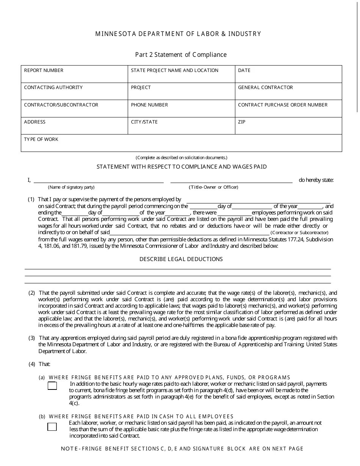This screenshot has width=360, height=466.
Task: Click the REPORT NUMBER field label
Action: tap(44, 70)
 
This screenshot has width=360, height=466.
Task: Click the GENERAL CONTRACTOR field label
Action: tap(265, 88)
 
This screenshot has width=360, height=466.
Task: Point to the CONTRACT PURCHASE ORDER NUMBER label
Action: tap(282, 105)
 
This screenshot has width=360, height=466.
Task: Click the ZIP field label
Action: tap(241, 122)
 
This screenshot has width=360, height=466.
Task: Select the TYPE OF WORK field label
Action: tap(41, 139)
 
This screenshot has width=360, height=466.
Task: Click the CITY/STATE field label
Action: tap(144, 122)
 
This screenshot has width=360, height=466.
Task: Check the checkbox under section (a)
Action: tap(52, 386)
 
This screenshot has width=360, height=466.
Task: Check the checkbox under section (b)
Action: tap(52, 427)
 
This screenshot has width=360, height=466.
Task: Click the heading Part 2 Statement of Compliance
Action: tap(181, 55)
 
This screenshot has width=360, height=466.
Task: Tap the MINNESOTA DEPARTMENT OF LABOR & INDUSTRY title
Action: tap(178, 34)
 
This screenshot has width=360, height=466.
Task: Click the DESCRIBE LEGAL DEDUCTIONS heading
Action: tap(181, 259)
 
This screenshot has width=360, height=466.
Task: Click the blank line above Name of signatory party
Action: tap(99, 182)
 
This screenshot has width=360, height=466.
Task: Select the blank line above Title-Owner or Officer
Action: tap(231, 182)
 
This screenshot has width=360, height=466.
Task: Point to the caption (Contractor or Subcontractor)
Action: tap(299, 233)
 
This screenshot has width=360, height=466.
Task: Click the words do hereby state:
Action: tap(316, 180)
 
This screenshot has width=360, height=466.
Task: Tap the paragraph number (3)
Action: tap(32, 338)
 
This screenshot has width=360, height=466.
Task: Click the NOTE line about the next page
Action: tap(182, 449)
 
